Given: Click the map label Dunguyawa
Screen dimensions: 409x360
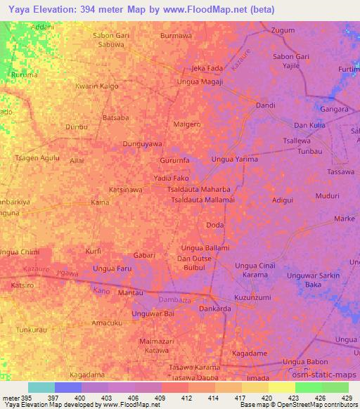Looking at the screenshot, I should coord(143,143).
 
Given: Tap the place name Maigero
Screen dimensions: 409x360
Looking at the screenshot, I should coord(187,124).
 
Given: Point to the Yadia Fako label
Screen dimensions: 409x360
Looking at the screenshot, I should coord(172,178).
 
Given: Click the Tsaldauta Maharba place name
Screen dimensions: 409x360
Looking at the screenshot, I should coord(199,190).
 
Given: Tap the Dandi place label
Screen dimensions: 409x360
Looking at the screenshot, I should coord(265,105).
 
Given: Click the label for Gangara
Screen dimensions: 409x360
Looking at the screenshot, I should coord(335,110).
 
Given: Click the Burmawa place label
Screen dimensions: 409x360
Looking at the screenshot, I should coord(176,34).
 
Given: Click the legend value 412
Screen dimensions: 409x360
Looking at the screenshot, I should coord(174,396).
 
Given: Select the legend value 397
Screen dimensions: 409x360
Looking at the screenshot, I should coord(68,396).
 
